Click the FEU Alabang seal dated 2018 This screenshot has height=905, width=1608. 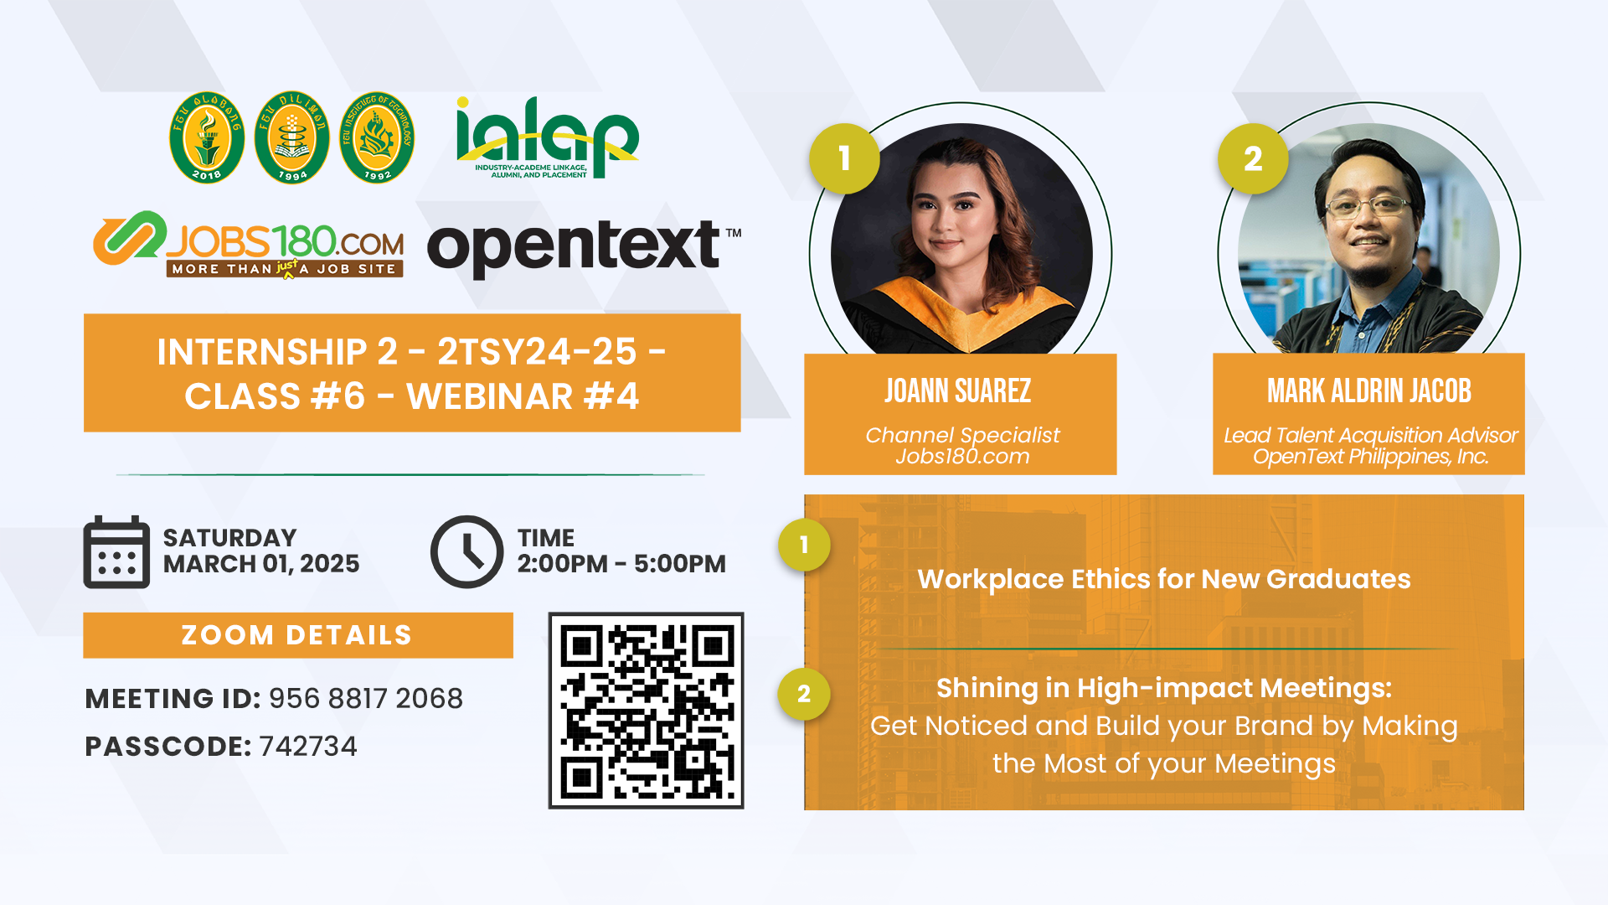tap(207, 137)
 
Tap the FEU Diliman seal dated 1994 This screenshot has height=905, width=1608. tap(292, 137)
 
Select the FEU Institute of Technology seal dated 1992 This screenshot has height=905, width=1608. tap(377, 137)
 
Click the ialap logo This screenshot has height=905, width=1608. tap(547, 137)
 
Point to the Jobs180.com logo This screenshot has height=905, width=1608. tap(249, 244)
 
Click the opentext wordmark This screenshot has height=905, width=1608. tap(584, 246)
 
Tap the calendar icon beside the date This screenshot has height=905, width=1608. tap(116, 551)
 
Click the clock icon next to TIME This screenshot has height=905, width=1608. tap(466, 551)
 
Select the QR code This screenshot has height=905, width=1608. tap(646, 711)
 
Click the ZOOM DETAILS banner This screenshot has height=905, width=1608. tap(298, 635)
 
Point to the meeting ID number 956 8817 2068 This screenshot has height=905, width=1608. tap(366, 698)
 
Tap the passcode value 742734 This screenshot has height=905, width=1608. tap(308, 746)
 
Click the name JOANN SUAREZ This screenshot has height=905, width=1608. tap(958, 391)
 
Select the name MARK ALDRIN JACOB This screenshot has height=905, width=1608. tap(1369, 391)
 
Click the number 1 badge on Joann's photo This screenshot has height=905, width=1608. tap(844, 158)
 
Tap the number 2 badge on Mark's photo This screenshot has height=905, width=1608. tap(1253, 158)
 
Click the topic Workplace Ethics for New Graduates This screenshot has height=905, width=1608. tap(1164, 579)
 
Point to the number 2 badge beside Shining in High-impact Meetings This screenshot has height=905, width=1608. tap(804, 694)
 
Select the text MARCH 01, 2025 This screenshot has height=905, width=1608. tap(261, 564)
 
